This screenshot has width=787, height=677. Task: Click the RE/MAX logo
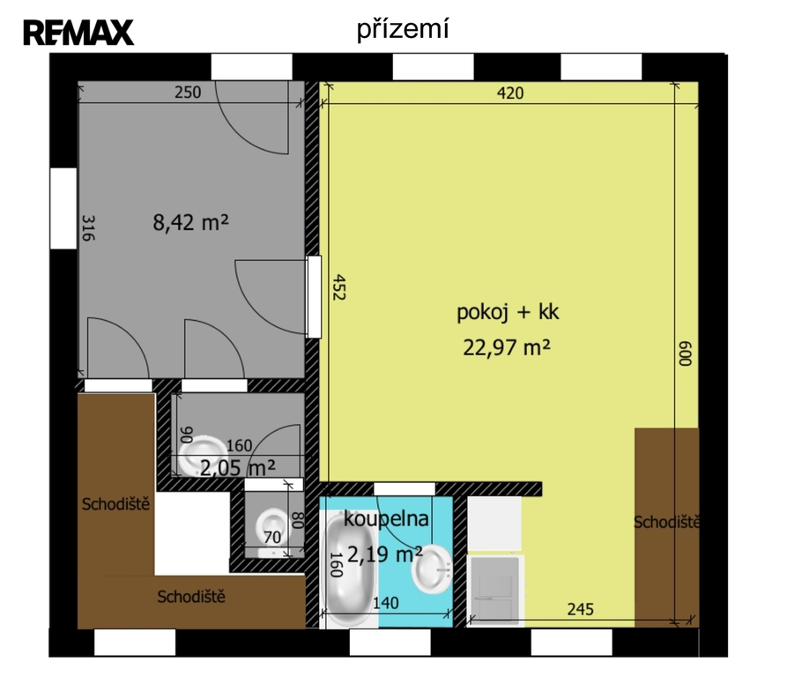[x=78, y=33]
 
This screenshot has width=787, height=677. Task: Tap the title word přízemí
[x=403, y=28]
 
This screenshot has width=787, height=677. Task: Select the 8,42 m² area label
[x=190, y=222]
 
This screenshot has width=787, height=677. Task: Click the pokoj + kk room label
[x=508, y=312]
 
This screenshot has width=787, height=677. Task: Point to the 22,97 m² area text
[x=507, y=346]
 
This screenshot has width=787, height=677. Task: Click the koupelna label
[x=386, y=518]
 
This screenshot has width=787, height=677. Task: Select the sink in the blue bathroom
[x=432, y=569]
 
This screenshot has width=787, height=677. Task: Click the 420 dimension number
[x=510, y=93]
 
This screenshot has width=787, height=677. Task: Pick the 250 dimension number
[x=188, y=93]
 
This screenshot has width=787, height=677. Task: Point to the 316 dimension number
[x=88, y=227]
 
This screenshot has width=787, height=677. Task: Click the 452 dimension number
[x=339, y=287]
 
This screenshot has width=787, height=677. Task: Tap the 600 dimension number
[x=685, y=353]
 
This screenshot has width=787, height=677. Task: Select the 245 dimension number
[x=580, y=609]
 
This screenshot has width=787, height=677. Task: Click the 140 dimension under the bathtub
[x=385, y=603]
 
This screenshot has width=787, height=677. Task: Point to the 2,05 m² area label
[x=238, y=468]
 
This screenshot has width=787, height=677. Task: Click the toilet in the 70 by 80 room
[x=271, y=527]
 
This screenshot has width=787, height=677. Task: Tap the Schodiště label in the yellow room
[x=666, y=523]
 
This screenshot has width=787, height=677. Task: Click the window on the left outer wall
[x=63, y=208]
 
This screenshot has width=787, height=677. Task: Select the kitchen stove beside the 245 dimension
[x=495, y=591]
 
